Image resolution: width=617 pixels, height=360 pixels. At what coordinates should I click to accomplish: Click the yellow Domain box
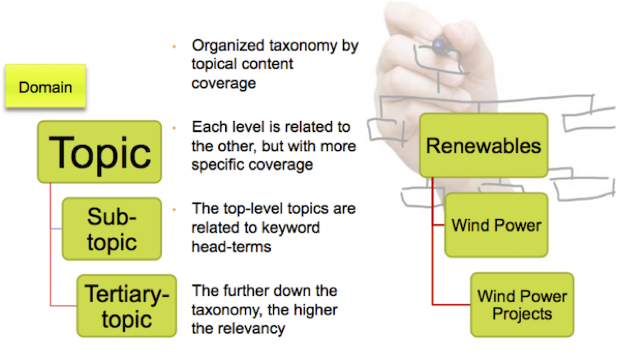coord(46,86)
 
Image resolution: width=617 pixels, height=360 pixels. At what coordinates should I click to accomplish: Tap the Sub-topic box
coord(112,229)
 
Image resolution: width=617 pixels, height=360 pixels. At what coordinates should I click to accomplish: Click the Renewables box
coord(484,144)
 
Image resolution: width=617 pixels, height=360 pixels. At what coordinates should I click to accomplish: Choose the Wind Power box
coord(496,225)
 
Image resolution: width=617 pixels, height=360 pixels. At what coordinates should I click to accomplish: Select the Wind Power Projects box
coord(521,304)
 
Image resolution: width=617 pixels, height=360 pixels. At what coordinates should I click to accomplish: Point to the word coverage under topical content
coord(224,83)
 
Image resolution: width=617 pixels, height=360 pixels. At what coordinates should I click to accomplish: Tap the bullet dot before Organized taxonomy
coord(175,46)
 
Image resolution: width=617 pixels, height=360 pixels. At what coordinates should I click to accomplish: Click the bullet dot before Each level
coord(175,127)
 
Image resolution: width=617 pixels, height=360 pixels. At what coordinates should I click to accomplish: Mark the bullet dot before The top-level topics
coord(175,208)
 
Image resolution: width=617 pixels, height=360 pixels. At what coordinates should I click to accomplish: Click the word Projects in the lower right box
coord(524,314)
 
